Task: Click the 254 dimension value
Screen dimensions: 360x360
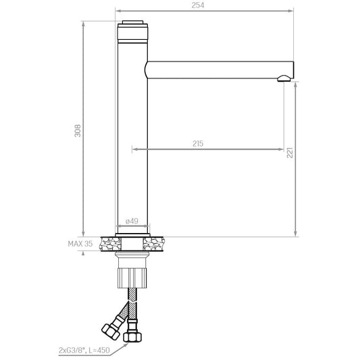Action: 198,5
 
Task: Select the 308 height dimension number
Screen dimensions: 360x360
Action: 78,130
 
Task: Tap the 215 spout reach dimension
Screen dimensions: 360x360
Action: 198,144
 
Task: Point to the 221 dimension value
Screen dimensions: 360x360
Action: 290,153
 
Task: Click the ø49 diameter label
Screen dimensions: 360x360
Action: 132,221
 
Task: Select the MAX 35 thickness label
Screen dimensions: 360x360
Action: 80,244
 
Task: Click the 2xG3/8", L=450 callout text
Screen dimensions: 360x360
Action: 84,351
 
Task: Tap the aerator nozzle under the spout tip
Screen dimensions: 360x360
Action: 284,78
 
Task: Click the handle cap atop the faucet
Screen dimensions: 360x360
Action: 132,22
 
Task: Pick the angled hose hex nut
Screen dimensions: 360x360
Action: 111,332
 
